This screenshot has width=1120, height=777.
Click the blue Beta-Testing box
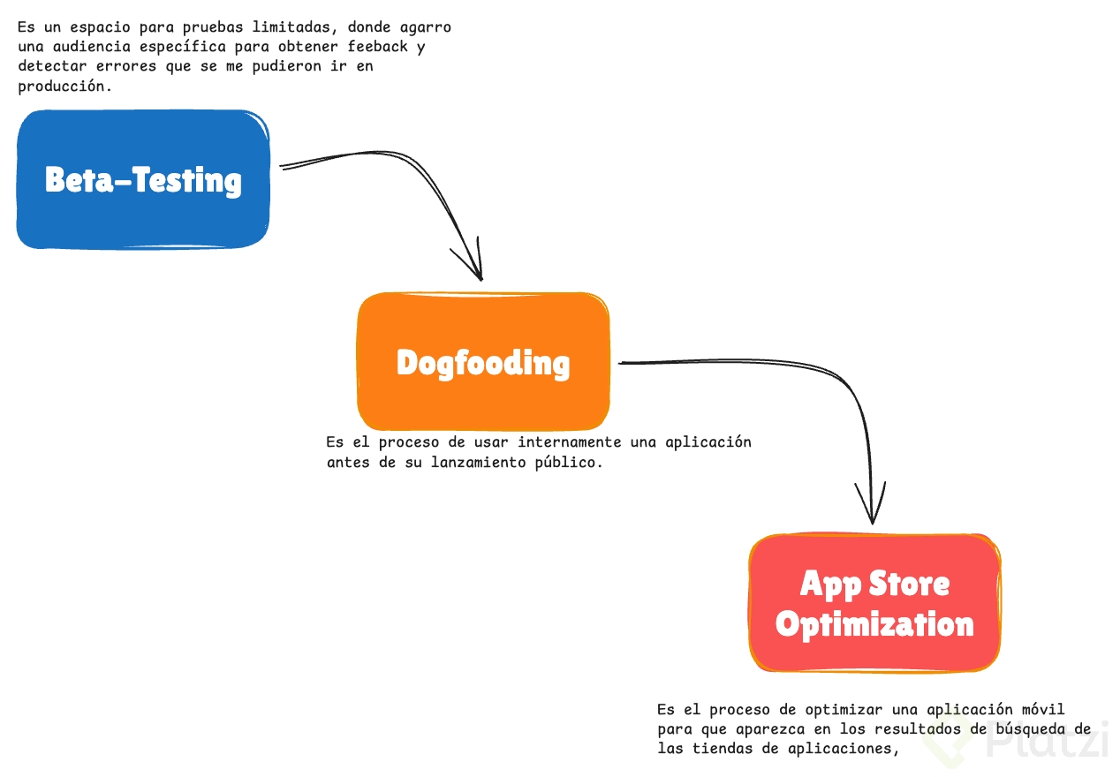pos(143,179)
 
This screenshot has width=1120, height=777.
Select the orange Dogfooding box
pos(483,361)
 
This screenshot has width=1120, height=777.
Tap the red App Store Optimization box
pos(874,603)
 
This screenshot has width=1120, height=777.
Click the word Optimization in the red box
pos(874,624)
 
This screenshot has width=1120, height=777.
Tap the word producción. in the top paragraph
pos(64,87)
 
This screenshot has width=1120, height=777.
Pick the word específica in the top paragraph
pos(183,47)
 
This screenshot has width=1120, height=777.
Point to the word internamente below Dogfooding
pos(570,442)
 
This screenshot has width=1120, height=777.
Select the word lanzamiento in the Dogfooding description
pos(479,462)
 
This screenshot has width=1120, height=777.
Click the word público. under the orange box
pos(569,463)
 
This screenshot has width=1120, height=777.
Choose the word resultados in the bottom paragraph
pos(918,729)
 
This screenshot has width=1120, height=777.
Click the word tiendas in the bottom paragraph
pos(723,749)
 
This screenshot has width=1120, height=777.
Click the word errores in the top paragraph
pos(126,66)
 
